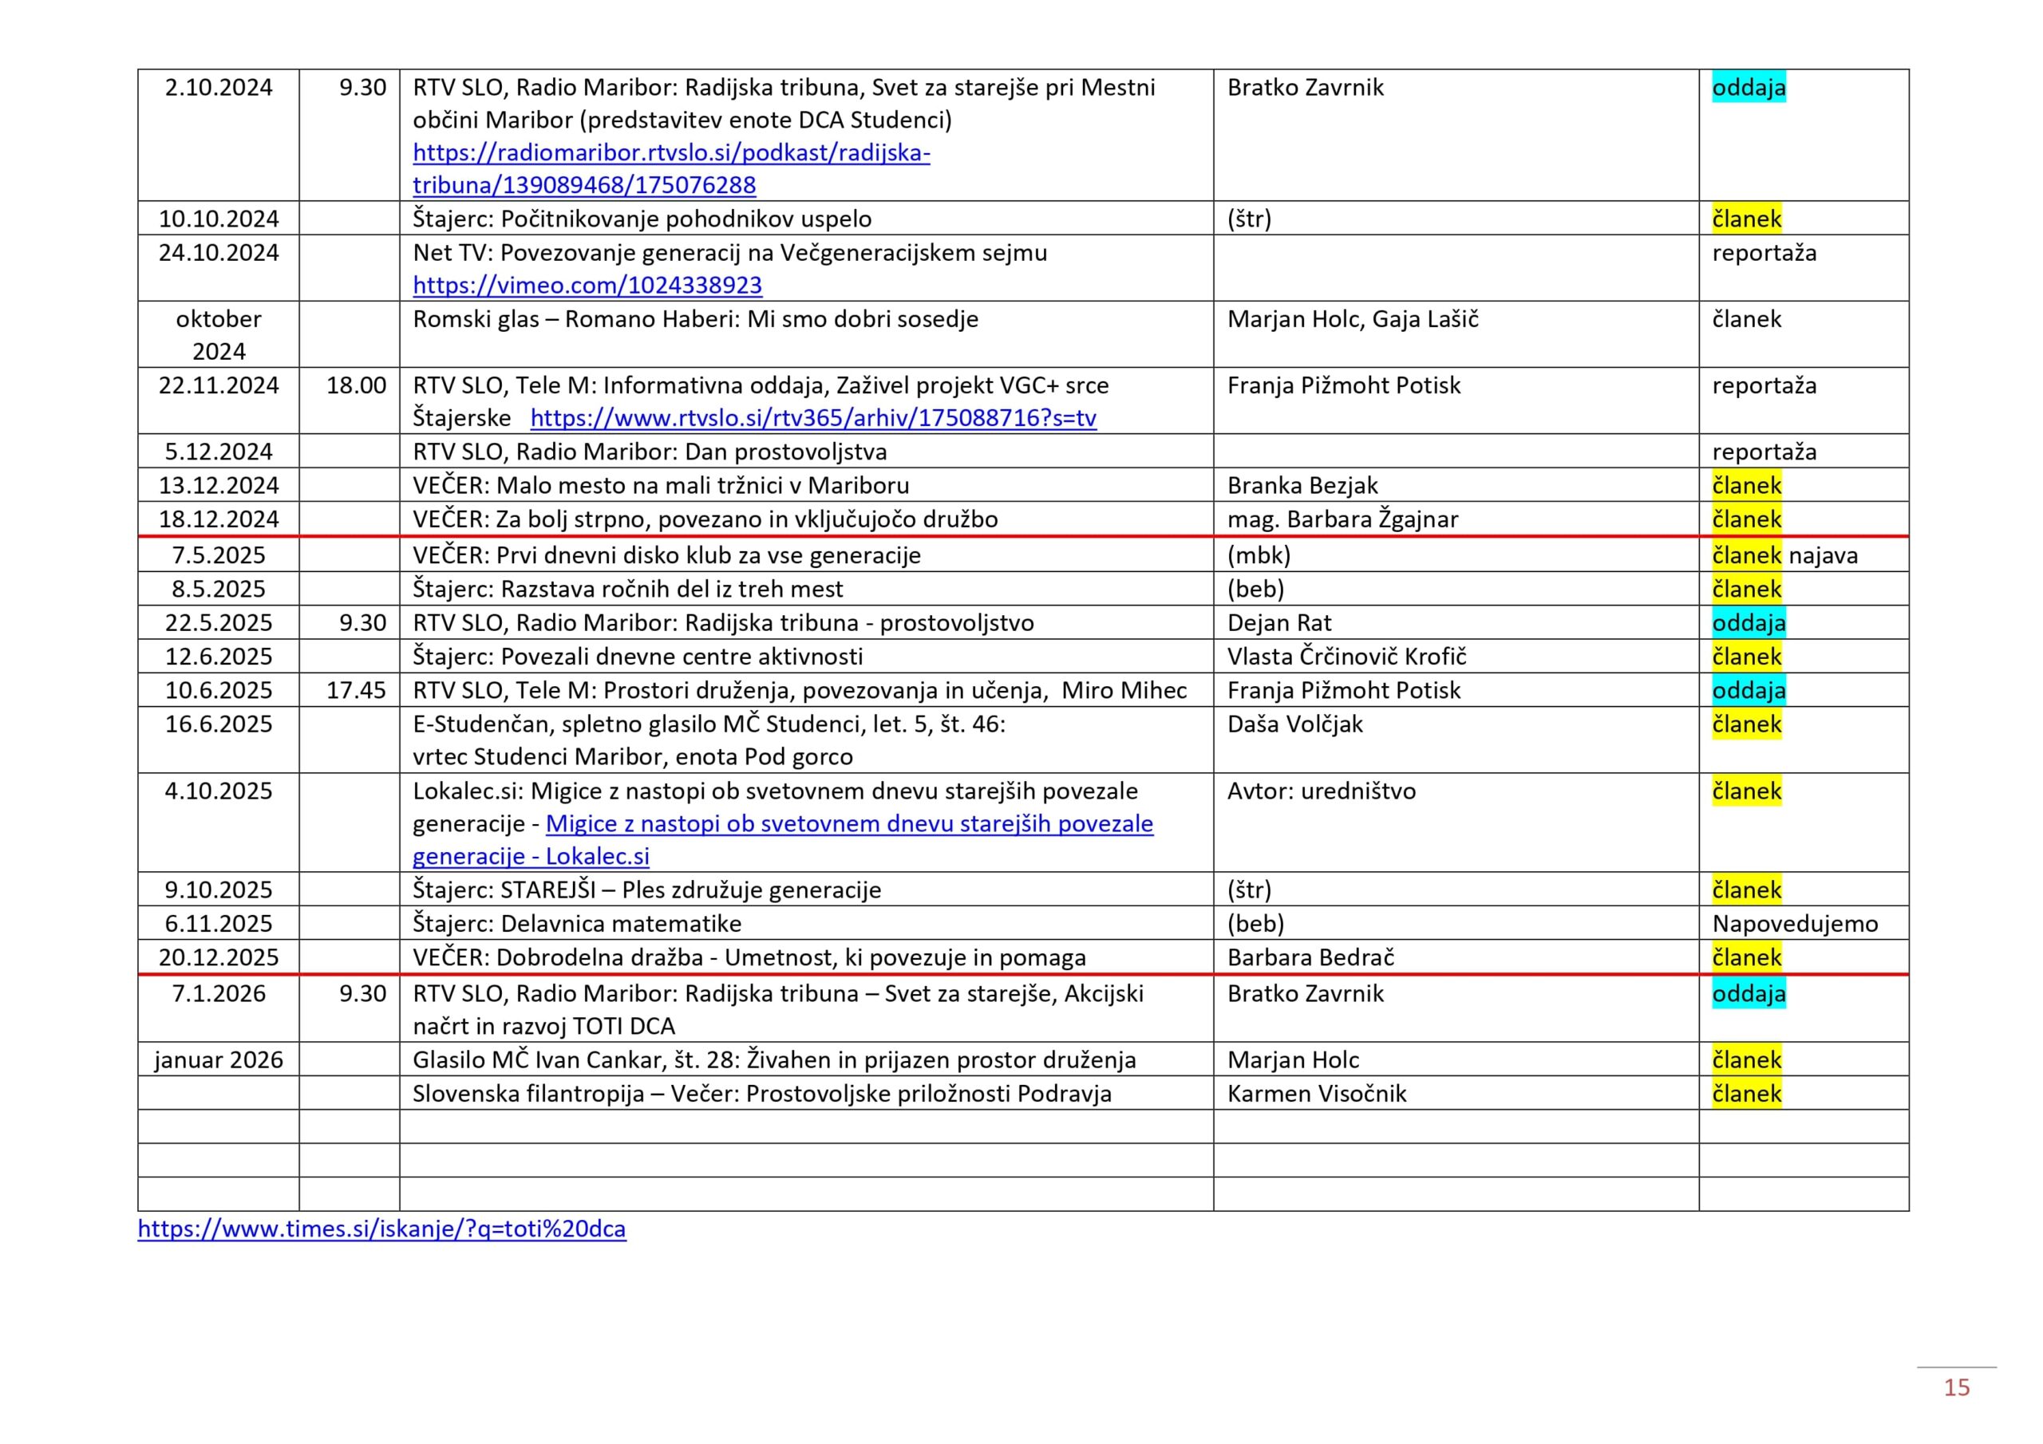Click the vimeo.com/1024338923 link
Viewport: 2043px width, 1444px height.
(587, 286)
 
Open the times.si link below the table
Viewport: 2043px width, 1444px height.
(381, 1229)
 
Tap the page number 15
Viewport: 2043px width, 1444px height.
(1956, 1387)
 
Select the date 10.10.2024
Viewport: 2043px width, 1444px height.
(218, 219)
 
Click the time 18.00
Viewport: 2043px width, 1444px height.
(356, 385)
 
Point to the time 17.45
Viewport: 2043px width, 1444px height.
(356, 690)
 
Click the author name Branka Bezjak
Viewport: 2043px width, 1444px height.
(1302, 486)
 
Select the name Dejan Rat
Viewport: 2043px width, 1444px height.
(1278, 623)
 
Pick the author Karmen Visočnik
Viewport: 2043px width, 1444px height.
(1316, 1094)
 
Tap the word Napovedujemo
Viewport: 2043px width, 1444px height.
(1795, 924)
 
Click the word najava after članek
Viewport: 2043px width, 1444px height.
(1824, 556)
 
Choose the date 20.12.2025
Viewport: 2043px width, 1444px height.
(218, 957)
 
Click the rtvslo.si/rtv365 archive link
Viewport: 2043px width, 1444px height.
(812, 418)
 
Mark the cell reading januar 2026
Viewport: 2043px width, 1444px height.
(218, 1059)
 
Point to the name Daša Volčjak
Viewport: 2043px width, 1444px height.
(1294, 724)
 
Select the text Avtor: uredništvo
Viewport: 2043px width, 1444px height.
(1321, 791)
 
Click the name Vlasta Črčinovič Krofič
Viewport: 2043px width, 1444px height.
(1346, 657)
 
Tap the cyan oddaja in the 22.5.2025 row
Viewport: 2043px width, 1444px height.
(1748, 623)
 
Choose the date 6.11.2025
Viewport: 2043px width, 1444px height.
(218, 924)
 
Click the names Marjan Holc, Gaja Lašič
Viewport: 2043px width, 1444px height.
(1352, 319)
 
